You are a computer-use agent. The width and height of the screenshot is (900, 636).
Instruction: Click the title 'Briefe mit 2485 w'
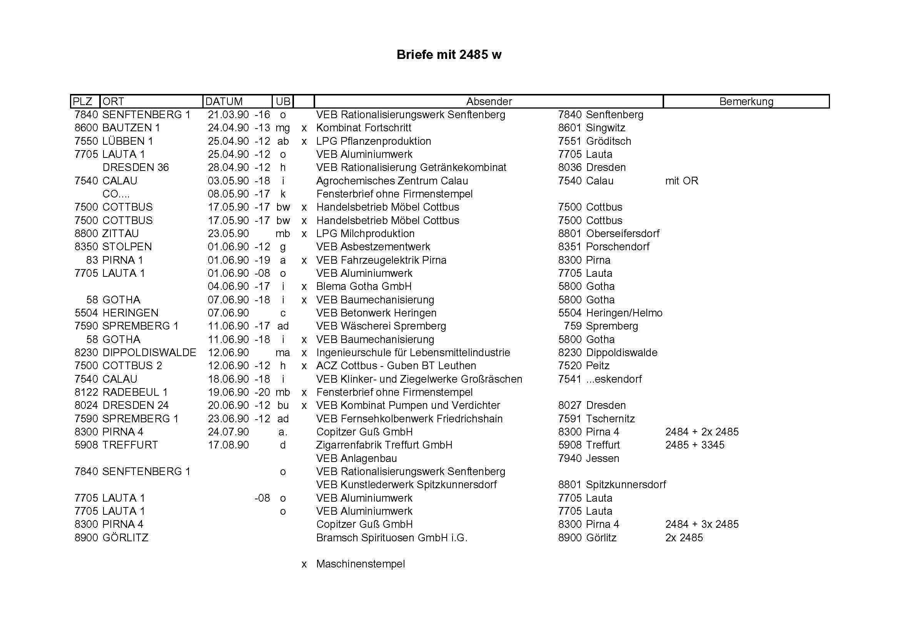pos(449,55)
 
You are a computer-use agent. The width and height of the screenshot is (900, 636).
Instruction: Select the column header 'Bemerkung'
pos(746,102)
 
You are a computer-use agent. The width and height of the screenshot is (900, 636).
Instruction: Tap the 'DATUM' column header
pos(224,102)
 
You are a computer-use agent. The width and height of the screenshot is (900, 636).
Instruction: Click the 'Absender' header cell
pos(489,102)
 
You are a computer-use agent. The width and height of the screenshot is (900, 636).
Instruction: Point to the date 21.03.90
pos(228,115)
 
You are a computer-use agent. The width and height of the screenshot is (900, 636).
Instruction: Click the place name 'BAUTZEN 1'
pos(131,128)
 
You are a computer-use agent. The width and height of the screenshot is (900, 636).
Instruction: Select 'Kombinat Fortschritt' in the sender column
pos(364,128)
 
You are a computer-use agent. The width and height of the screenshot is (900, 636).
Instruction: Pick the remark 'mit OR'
pos(682,181)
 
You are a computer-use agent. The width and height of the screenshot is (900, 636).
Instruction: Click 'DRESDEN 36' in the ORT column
pos(135,167)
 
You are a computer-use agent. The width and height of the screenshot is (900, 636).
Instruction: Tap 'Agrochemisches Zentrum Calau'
pos(392,181)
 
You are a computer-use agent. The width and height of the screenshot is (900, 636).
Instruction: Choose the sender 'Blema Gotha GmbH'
pos(364,287)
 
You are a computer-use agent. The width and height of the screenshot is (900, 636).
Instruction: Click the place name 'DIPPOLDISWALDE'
pos(149,353)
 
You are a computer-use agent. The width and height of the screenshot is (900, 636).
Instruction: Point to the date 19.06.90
pos(228,392)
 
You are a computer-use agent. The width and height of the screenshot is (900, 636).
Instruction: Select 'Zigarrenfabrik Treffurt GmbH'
pos(384,445)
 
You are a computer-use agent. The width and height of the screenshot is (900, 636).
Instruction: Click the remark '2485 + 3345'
pos(695,445)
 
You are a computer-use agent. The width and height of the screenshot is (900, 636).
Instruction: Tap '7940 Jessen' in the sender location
pos(588,459)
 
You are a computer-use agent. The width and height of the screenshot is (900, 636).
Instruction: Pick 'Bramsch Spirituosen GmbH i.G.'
pos(392,537)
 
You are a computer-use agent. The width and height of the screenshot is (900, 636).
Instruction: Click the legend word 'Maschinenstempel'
pos(361,564)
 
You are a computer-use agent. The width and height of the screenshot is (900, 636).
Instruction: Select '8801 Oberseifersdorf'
pos(609,234)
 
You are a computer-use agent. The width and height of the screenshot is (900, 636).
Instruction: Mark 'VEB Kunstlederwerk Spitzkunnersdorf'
pos(406,485)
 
